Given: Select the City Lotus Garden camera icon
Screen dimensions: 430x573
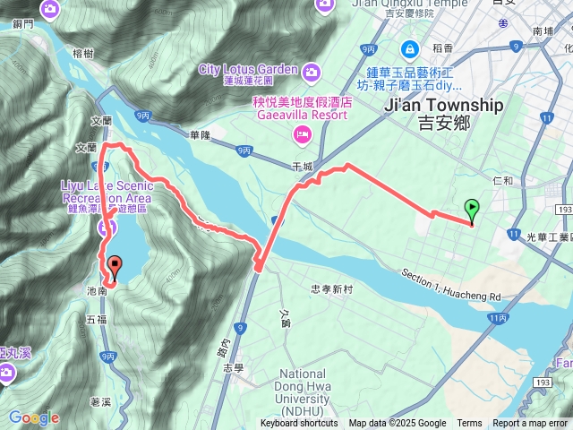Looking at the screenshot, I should click(x=311, y=71).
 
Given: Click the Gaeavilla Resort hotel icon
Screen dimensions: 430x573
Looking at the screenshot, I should click(x=302, y=134).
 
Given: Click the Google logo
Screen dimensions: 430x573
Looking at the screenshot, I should click(x=34, y=417).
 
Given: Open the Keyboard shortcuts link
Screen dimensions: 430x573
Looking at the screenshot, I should click(x=299, y=424).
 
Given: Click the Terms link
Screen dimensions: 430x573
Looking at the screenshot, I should click(x=469, y=424).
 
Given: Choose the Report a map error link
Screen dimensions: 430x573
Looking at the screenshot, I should click(x=530, y=424).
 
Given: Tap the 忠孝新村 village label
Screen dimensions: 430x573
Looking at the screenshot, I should click(x=332, y=289).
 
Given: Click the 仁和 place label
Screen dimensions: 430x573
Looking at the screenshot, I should click(x=502, y=180).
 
